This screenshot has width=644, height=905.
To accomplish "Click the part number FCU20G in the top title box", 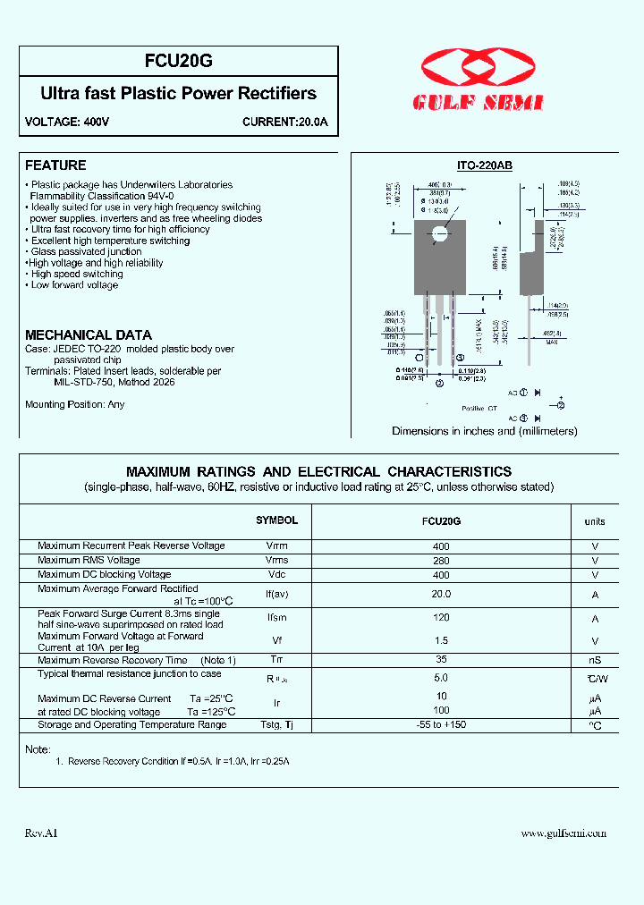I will [179, 61].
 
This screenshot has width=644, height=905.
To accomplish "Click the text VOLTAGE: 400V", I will [67, 122].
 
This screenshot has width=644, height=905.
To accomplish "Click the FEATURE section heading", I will [55, 165].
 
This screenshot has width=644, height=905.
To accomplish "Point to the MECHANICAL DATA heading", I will [81, 334].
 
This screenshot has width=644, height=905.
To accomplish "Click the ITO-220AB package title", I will [484, 166].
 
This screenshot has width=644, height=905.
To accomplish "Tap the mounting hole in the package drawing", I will [439, 235].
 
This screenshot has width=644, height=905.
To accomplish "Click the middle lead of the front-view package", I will [439, 331].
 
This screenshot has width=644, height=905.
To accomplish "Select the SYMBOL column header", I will [276, 520].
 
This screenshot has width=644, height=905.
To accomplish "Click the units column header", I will [595, 521].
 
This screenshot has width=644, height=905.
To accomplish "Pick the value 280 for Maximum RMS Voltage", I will [441, 561].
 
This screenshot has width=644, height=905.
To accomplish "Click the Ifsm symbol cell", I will [277, 619].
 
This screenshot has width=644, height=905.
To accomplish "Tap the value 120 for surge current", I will [441, 618].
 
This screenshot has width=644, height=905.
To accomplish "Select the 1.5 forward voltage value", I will [441, 641].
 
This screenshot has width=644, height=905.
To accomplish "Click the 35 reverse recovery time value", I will [441, 660].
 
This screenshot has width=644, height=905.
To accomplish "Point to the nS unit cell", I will [595, 661].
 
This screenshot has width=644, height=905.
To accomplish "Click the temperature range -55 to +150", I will [441, 725].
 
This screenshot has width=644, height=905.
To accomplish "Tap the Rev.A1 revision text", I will [41, 833].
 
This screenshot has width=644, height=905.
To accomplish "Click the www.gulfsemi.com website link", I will [563, 833].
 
